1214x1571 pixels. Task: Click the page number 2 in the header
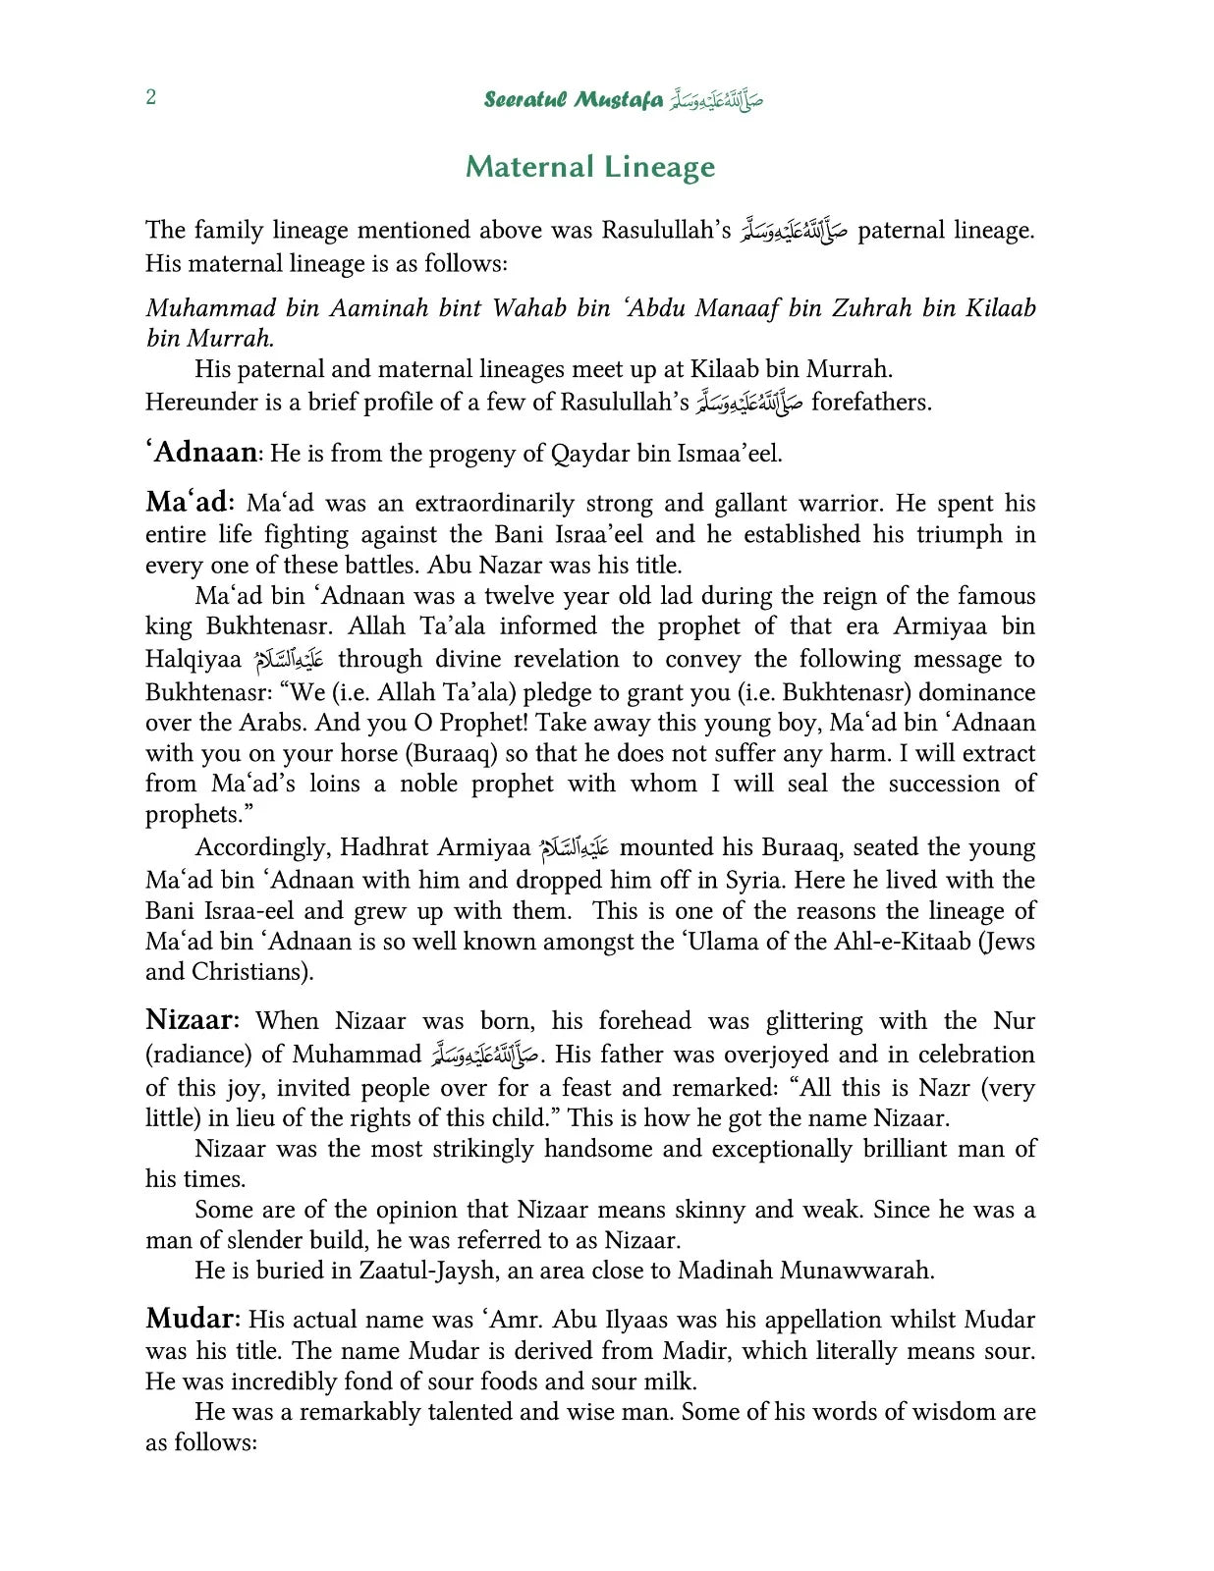(x=150, y=97)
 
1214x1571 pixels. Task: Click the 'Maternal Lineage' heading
(x=590, y=167)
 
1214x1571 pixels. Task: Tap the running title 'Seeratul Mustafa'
(x=573, y=100)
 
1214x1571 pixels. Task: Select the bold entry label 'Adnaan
(x=202, y=453)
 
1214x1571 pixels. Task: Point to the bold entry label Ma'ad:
(x=190, y=503)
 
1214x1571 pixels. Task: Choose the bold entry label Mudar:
(x=192, y=1319)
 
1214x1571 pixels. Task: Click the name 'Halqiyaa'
(x=193, y=659)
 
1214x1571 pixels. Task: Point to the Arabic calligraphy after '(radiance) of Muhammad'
(x=485, y=1056)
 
